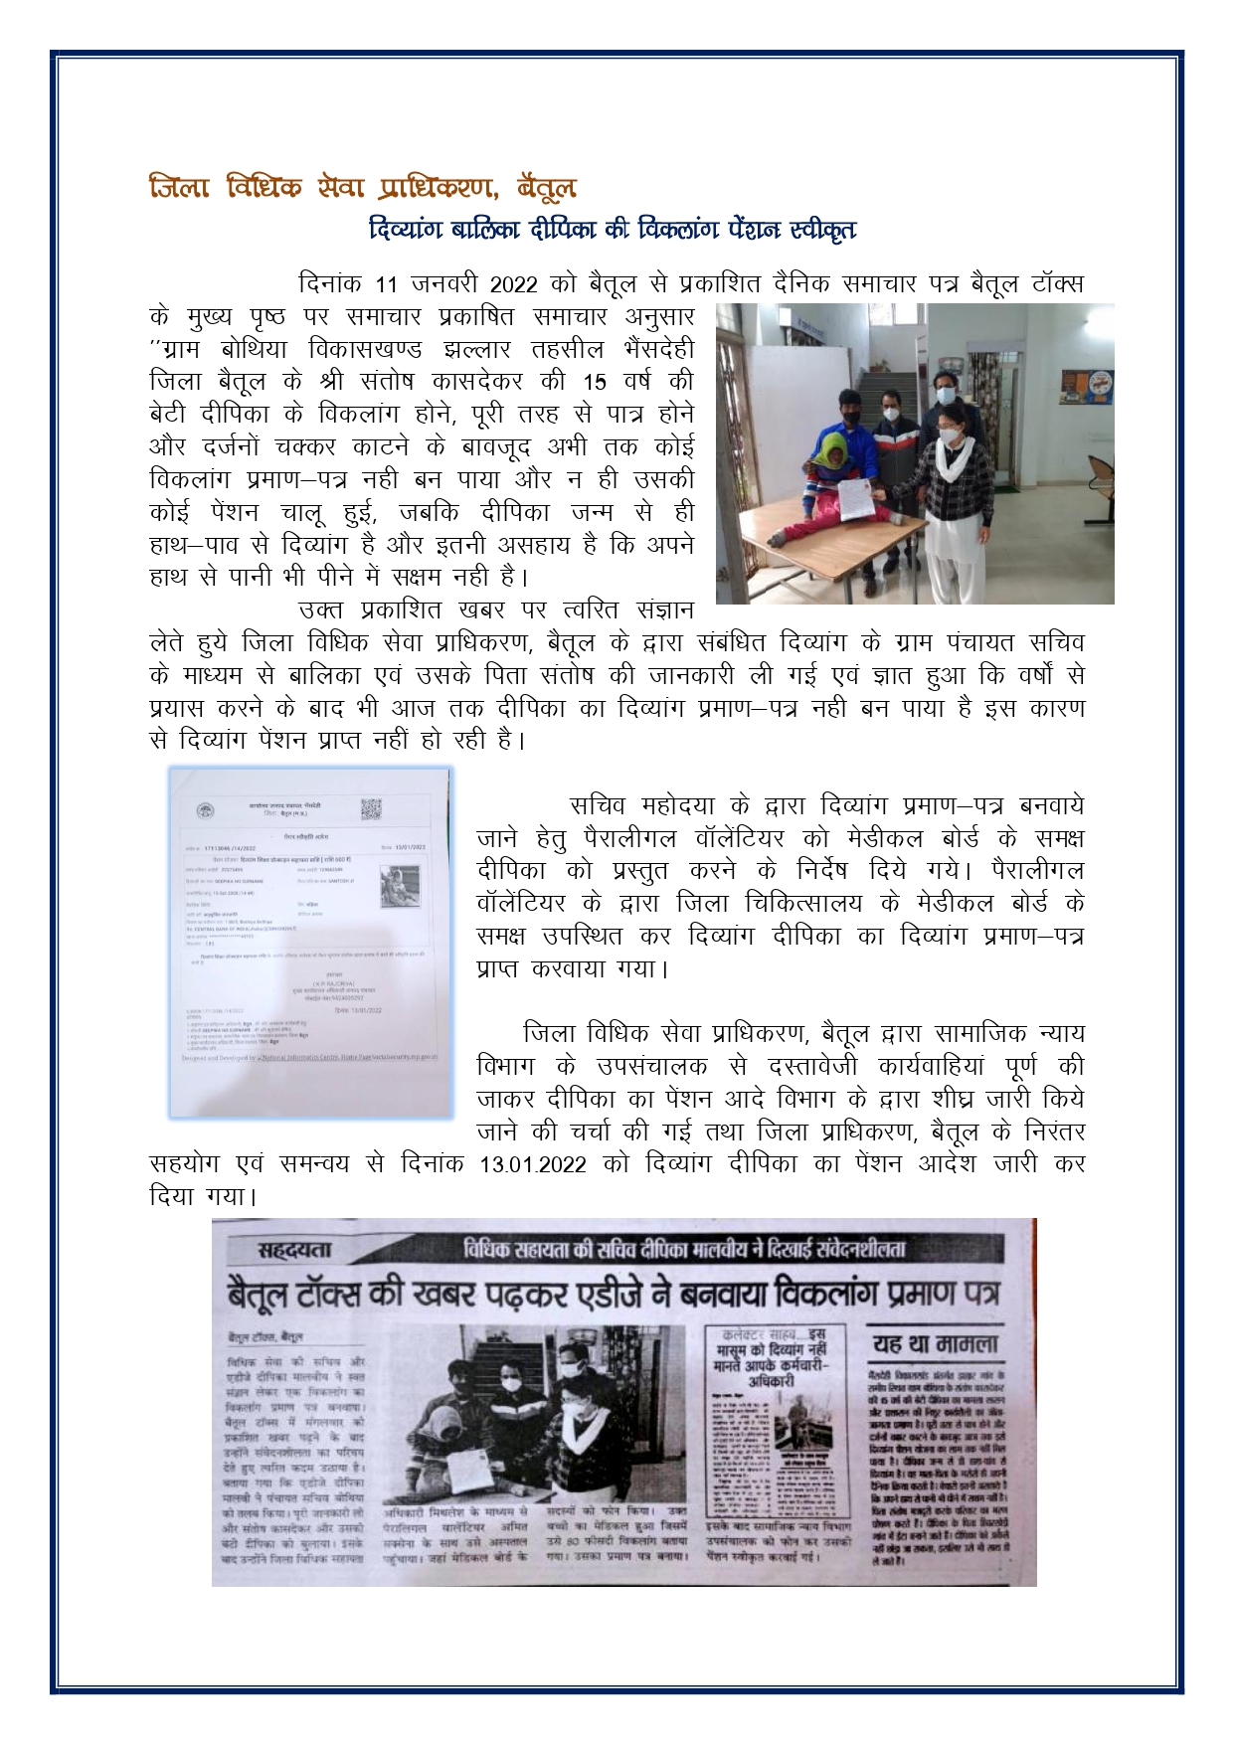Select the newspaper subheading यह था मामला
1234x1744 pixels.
click(x=935, y=1344)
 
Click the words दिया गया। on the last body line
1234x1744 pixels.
click(x=203, y=1197)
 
